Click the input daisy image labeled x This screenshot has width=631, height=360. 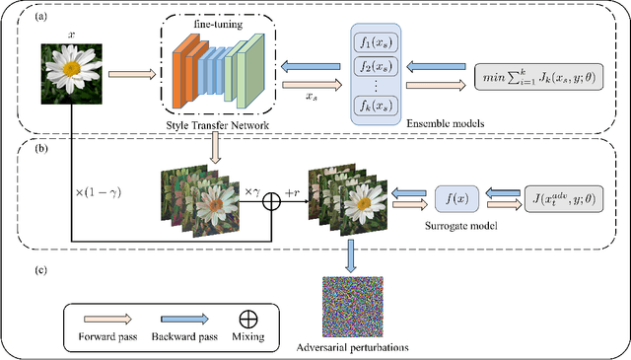(72, 74)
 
